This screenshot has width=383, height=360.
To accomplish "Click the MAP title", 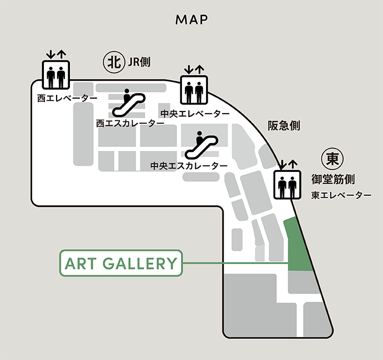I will click(191, 20).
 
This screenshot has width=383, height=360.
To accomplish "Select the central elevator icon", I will click(194, 89).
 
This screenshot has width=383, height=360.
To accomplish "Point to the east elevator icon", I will click(287, 185).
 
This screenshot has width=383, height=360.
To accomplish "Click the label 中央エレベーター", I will click(194, 114).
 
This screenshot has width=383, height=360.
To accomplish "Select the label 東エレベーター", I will click(341, 195).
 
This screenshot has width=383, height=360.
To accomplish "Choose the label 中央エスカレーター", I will click(189, 166).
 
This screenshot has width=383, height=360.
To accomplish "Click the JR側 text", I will click(139, 63).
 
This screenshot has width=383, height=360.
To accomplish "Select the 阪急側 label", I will click(284, 126).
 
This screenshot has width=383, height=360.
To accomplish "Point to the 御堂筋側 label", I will click(332, 180).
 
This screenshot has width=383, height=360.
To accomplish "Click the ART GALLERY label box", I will click(120, 263).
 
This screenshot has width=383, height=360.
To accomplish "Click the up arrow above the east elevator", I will click(293, 165).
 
